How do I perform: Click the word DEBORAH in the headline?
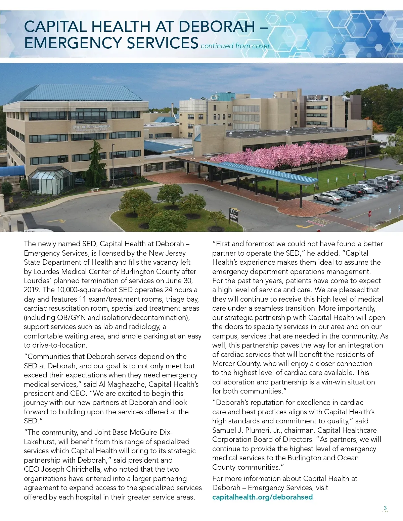click(x=217, y=27)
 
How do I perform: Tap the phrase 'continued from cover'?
click(x=235, y=46)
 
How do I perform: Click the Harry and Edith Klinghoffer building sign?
click(x=91, y=128)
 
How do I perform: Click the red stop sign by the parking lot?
click(x=370, y=213)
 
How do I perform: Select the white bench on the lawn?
click(x=95, y=190)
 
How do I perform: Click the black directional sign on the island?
click(x=234, y=215)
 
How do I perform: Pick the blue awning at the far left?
click(x=12, y=171)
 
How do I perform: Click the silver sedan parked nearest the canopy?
click(x=328, y=198)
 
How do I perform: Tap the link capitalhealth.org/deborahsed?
click(x=262, y=497)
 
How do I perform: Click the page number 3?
click(x=385, y=508)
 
